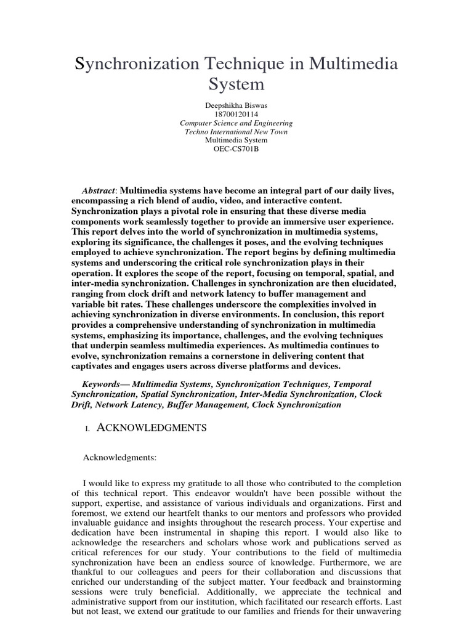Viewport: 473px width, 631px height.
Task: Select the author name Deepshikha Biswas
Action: [236, 105]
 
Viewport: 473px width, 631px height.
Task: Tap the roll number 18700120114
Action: [236, 114]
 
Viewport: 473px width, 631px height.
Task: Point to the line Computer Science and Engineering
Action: [236, 123]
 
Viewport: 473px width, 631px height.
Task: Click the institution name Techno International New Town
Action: [236, 132]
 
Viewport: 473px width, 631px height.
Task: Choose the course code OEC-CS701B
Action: [236, 149]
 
